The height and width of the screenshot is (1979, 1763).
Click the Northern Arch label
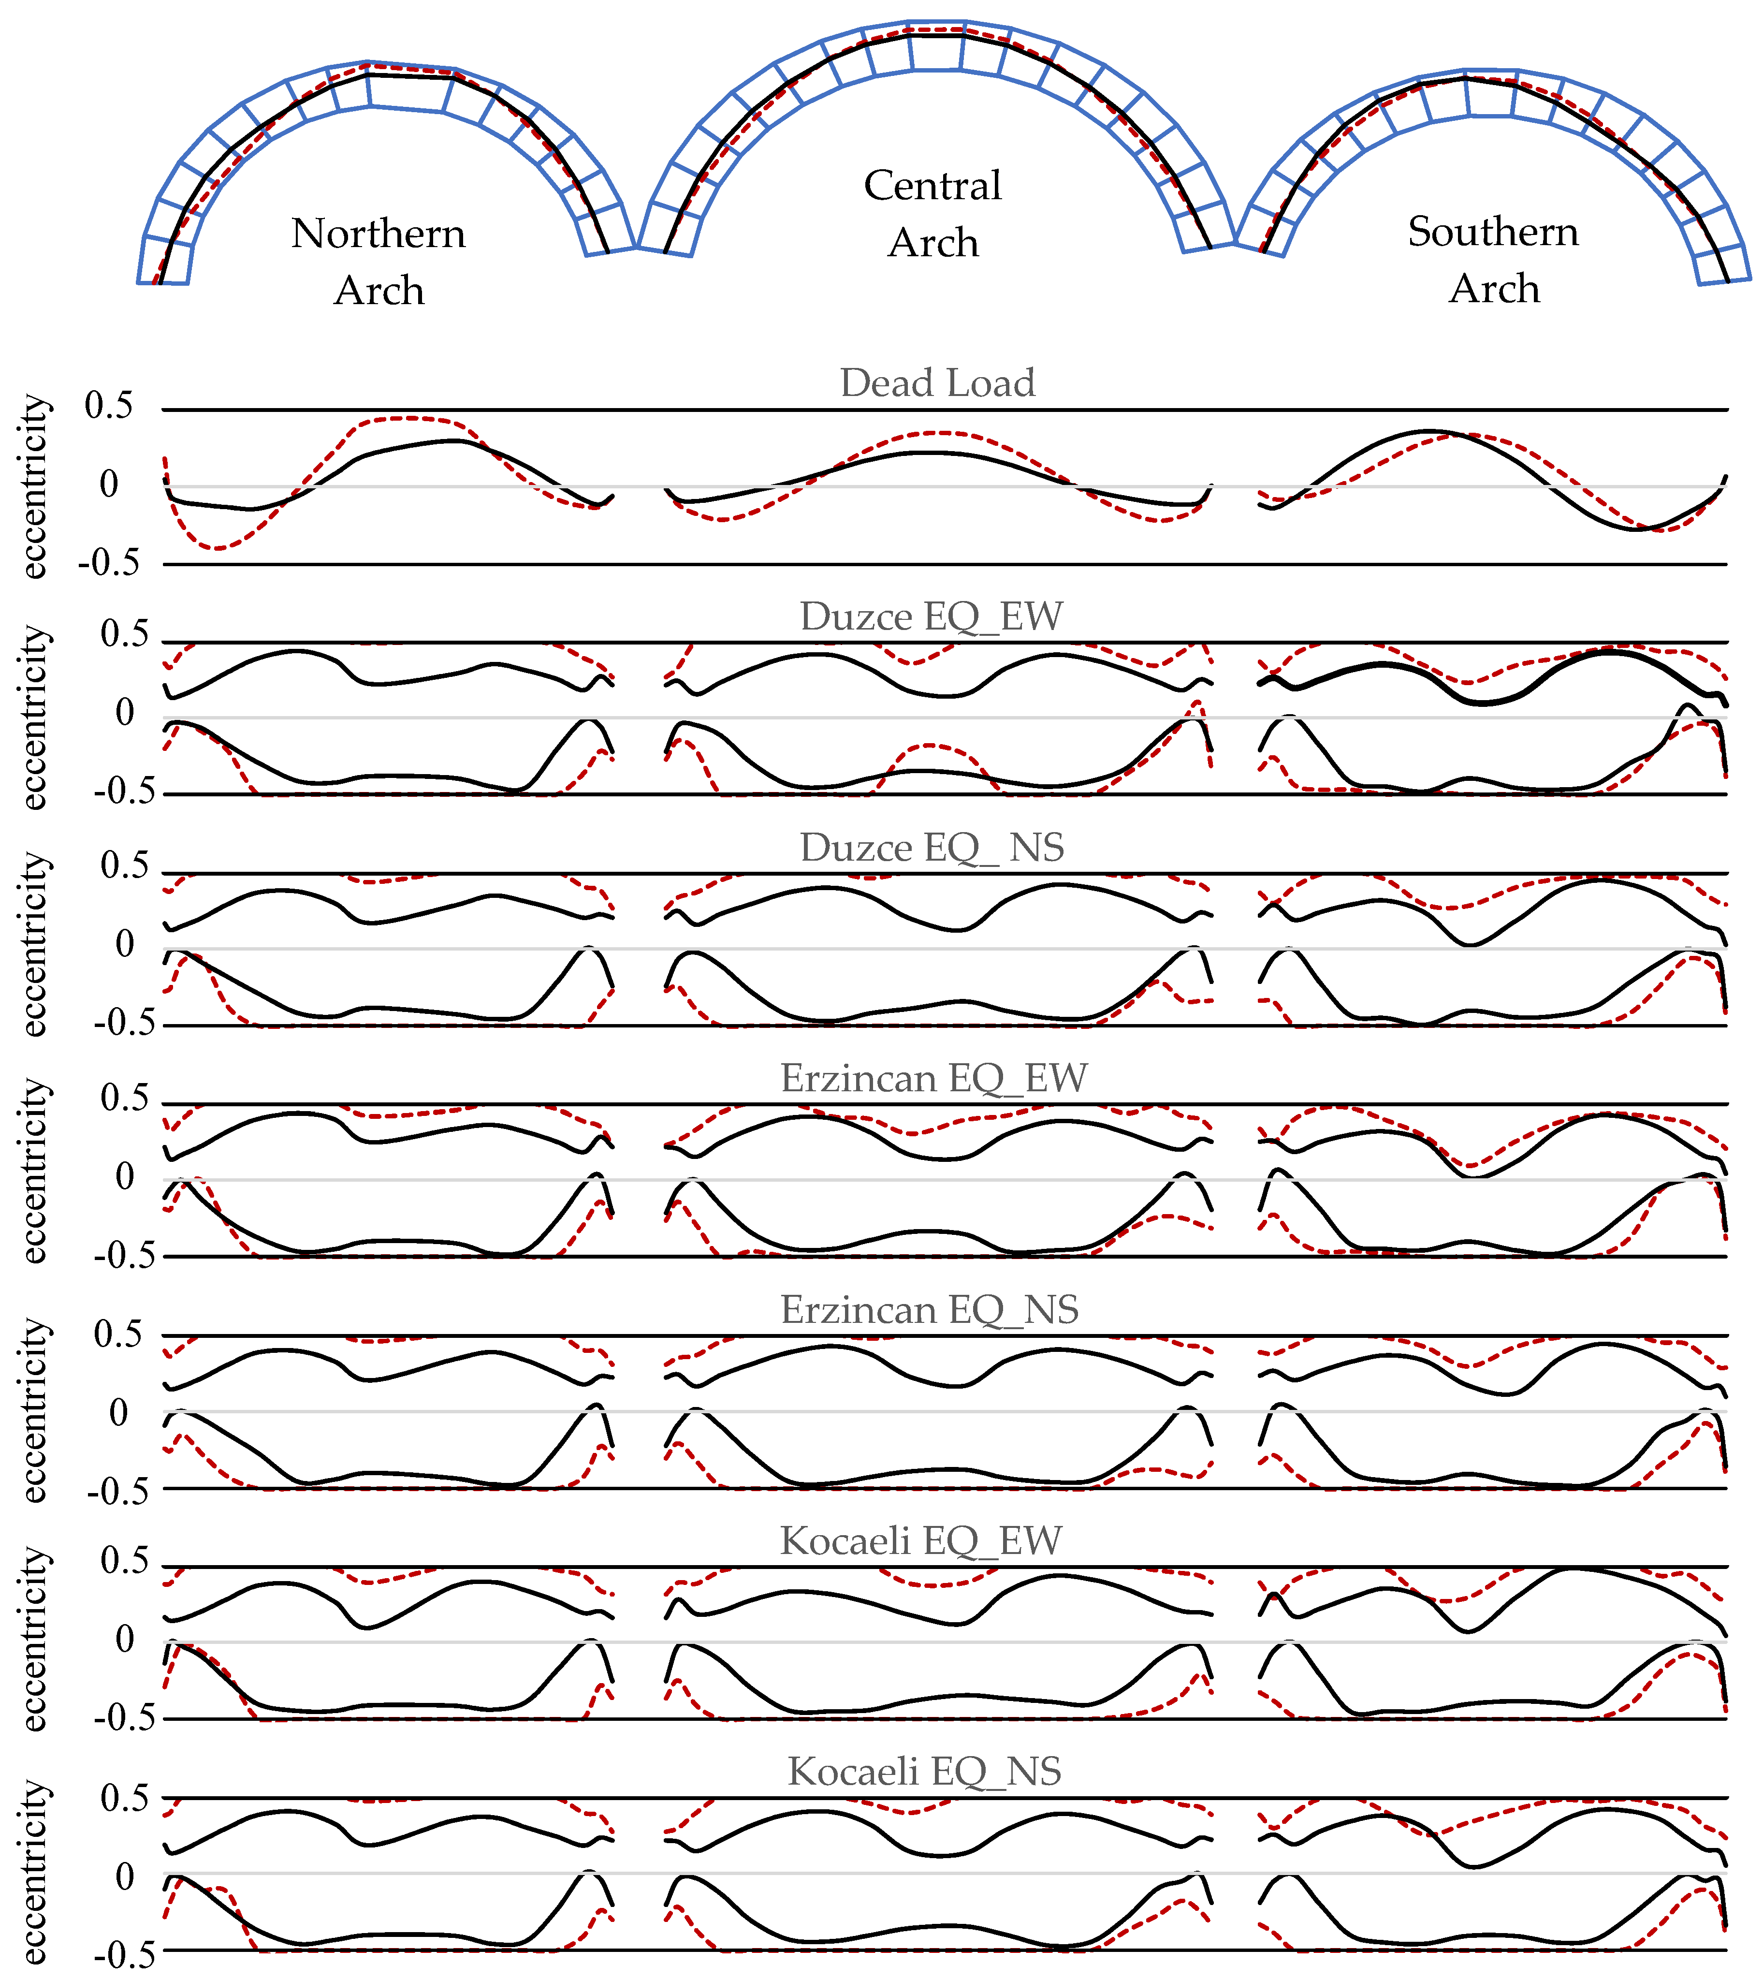379,262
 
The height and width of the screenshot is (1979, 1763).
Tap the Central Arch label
933,213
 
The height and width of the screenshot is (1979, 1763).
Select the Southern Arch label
1494,260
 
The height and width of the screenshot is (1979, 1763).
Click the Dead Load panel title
937,382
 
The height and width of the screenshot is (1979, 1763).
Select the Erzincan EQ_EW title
934,1078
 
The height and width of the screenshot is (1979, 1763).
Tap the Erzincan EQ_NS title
930,1310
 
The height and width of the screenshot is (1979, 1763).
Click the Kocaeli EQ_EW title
921,1540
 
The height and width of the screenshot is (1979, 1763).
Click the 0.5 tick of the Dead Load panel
108,406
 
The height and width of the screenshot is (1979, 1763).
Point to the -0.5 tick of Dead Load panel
108,563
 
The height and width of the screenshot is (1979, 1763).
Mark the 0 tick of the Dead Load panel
108,484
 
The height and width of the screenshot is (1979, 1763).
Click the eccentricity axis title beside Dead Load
34,486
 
